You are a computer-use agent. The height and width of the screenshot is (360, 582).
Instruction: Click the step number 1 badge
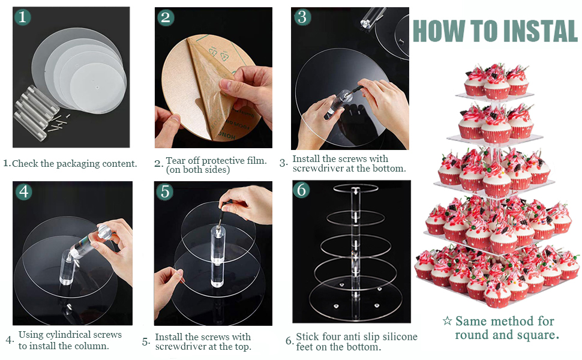click(22, 17)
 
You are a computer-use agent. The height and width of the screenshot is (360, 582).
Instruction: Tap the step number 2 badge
click(165, 17)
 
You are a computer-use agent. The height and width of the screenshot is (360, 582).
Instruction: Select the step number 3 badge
click(302, 17)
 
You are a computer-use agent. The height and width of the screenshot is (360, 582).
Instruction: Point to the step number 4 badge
click(24, 192)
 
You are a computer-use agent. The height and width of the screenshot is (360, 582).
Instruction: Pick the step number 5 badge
click(165, 192)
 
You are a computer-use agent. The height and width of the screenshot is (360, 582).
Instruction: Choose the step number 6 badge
click(301, 190)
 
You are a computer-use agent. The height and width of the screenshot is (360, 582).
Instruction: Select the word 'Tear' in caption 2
click(175, 161)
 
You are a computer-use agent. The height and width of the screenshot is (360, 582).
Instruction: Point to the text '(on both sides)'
click(198, 170)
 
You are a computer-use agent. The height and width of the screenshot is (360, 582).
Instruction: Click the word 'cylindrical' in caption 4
click(70, 335)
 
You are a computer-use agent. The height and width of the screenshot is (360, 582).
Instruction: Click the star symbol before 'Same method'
click(447, 320)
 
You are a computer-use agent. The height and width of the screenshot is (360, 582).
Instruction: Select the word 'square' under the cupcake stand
click(539, 335)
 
